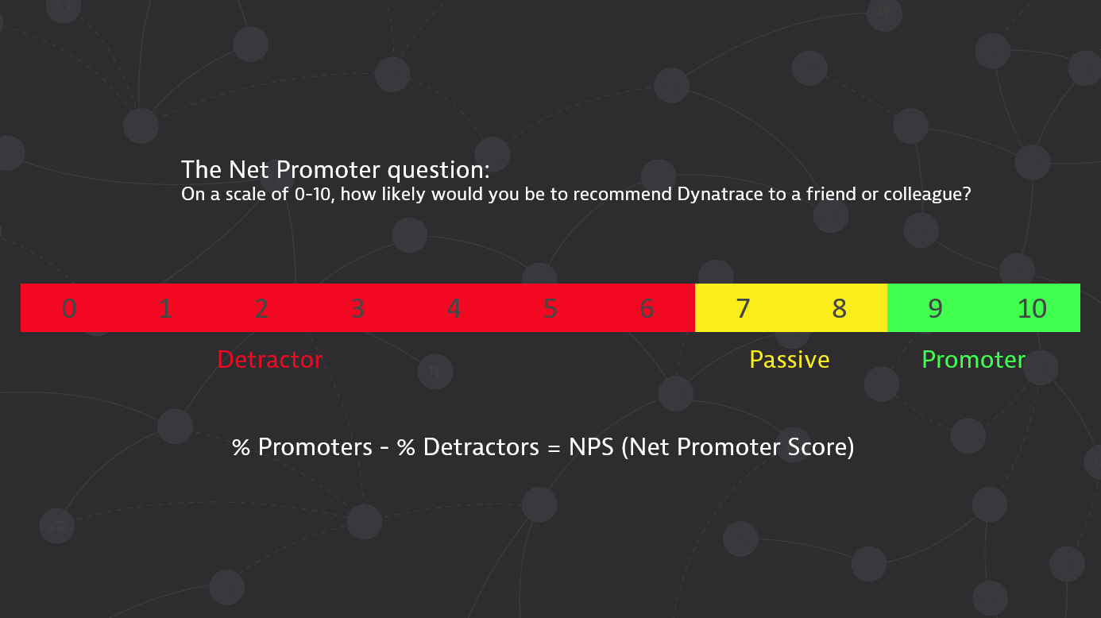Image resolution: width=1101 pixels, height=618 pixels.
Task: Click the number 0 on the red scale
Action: pos(69,308)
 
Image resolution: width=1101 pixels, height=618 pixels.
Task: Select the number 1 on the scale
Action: pos(165,308)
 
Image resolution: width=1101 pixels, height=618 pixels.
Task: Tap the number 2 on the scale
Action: pos(261,308)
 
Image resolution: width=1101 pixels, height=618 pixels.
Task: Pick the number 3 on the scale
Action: pos(357,308)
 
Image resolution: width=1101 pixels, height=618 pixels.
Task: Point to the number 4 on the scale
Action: pos(454,308)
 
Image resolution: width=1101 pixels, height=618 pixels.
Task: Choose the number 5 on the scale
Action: pos(550,308)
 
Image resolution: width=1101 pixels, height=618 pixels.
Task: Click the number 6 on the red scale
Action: pos(647,308)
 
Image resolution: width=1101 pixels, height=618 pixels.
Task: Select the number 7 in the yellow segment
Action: pos(743,308)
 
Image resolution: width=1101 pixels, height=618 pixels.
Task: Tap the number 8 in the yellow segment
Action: pos(840,308)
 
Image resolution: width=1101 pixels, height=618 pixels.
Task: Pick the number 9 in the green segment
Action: pos(936,308)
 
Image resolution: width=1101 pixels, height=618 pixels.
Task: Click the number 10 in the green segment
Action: pos(1032,308)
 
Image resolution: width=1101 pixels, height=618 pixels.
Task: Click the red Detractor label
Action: pos(270,360)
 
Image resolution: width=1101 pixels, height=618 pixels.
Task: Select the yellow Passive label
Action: pos(790,360)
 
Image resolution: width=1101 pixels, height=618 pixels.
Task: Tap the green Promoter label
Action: pos(973,360)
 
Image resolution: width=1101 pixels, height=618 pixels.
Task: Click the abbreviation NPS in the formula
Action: pos(592,447)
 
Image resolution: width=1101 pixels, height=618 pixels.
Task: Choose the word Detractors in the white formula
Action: pos(481,447)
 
